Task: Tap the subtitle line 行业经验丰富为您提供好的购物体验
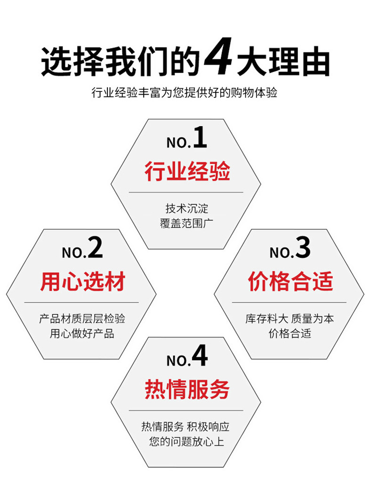tap(185, 92)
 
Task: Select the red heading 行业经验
tap(187, 171)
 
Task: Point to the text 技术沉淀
tap(186, 208)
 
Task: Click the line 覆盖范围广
tap(186, 223)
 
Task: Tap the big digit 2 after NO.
tap(95, 248)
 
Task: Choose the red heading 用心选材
tap(82, 282)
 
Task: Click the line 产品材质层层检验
tap(82, 319)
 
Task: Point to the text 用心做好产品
tap(82, 334)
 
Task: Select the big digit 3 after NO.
tap(303, 248)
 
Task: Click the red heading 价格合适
tap(290, 282)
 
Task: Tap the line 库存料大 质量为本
tap(290, 319)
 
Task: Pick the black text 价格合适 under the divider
tap(290, 334)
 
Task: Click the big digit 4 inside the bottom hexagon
tap(200, 356)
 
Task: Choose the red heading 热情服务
tap(187, 390)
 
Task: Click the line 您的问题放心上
tap(186, 442)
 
